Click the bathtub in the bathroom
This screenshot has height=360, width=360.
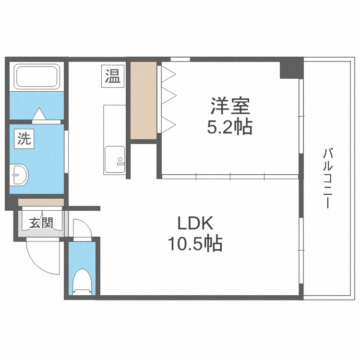(x=37, y=77)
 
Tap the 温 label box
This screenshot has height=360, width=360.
(x=113, y=76)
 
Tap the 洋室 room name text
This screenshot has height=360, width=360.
(x=229, y=107)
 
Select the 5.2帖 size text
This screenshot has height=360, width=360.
(x=229, y=127)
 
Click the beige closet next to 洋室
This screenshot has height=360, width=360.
(x=144, y=100)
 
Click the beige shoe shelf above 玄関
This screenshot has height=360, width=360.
(x=41, y=202)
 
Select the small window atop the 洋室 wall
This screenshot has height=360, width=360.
(x=180, y=59)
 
